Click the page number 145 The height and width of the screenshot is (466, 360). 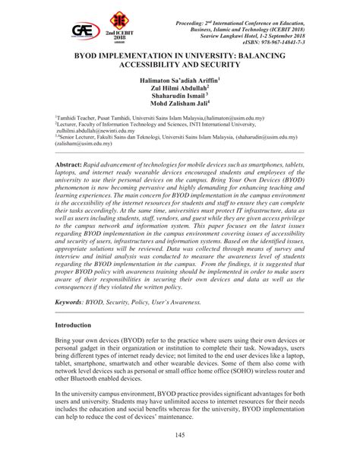180,434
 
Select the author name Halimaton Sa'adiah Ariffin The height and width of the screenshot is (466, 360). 179,79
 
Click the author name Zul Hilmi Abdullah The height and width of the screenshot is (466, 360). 179,88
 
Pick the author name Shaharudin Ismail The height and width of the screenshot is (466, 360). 179,97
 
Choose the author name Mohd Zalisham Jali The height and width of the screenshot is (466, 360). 179,106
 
